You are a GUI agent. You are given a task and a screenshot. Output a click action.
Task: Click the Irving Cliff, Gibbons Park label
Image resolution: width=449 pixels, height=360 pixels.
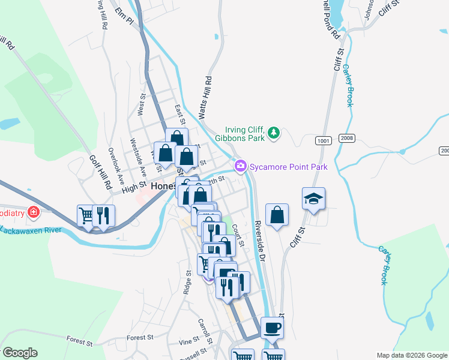pos(244,133)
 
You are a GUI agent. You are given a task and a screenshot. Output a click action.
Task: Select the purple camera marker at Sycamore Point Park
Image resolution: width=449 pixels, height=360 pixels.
pos(241,166)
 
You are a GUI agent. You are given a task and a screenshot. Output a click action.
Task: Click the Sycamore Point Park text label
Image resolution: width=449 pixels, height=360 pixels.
pos(289,166)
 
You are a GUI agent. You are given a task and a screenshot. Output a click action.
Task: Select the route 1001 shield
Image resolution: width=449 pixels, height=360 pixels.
pos(322,140)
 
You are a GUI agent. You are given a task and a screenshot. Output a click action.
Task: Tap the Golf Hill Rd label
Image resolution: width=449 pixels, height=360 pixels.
pos(101,173)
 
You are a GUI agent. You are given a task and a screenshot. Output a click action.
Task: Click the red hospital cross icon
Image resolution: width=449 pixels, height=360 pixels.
pos(34,212)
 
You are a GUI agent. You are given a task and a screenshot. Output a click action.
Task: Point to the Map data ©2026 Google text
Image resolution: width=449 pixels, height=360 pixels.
pos(411,355)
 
